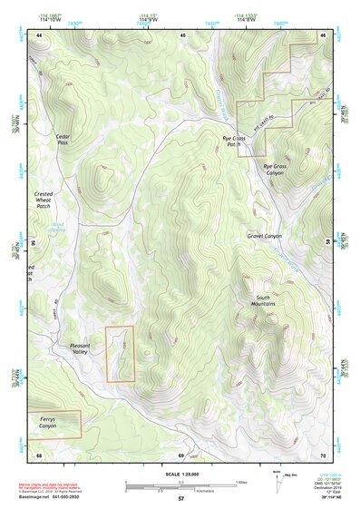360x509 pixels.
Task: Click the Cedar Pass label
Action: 63,139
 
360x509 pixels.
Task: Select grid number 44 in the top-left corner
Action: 40,34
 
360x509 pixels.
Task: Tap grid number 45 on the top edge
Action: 182,34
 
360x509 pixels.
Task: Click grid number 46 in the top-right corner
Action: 322,34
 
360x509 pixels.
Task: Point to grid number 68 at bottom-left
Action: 40,454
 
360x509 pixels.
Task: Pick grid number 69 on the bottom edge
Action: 181,454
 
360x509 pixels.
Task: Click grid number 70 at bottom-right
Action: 322,454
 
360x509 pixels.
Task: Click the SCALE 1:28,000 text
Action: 181,474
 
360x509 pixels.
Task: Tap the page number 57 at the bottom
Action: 181,499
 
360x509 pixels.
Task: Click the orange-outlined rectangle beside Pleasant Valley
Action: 120,354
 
